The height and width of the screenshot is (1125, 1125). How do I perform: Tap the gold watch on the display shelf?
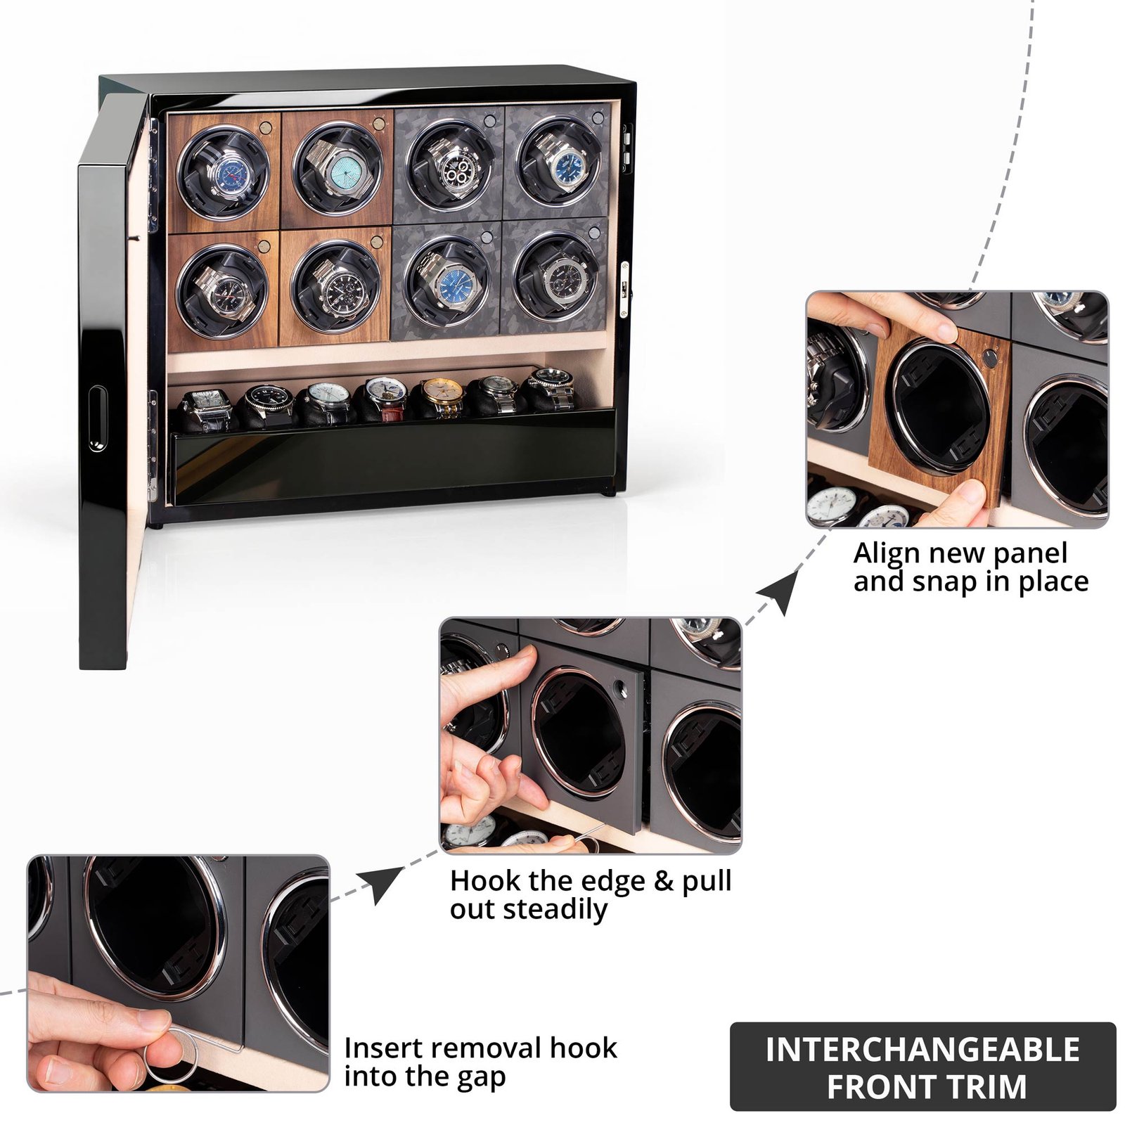pyautogui.click(x=442, y=398)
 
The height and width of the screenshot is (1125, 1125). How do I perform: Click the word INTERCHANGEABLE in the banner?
pyautogui.click(x=922, y=1050)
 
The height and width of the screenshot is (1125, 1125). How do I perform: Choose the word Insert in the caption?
pyautogui.click(x=383, y=1048)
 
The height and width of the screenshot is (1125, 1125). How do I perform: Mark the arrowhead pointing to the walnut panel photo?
pyautogui.click(x=781, y=589)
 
